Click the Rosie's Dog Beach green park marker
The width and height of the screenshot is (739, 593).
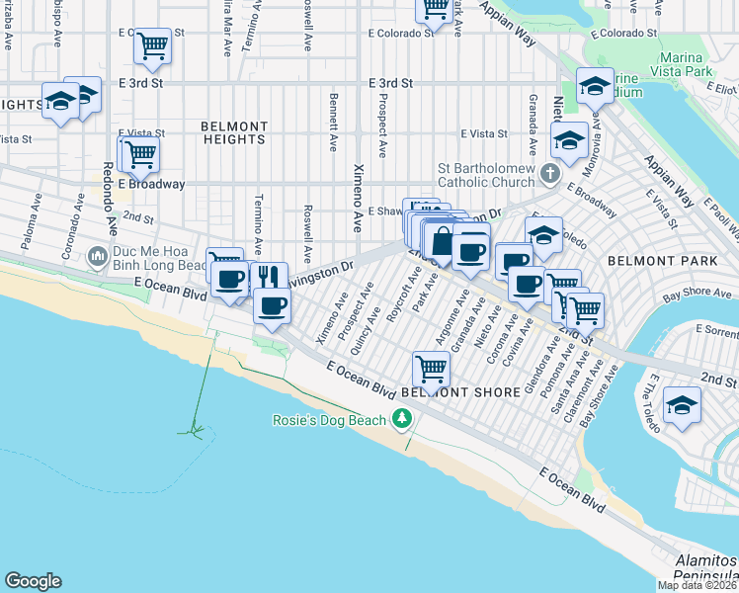401,420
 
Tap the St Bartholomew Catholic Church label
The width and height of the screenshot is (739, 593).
484,175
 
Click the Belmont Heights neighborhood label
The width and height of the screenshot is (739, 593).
234,132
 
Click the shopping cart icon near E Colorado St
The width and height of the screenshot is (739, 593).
152,45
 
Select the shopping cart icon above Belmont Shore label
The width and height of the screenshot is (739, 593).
431,369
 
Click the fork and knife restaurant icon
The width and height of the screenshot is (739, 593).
268,278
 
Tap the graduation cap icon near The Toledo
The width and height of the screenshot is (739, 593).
682,405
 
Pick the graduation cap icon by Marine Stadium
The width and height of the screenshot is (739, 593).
595,86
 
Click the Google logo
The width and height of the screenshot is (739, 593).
33,581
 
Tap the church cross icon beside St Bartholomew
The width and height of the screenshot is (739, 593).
550,175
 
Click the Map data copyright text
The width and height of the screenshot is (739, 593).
698,585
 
